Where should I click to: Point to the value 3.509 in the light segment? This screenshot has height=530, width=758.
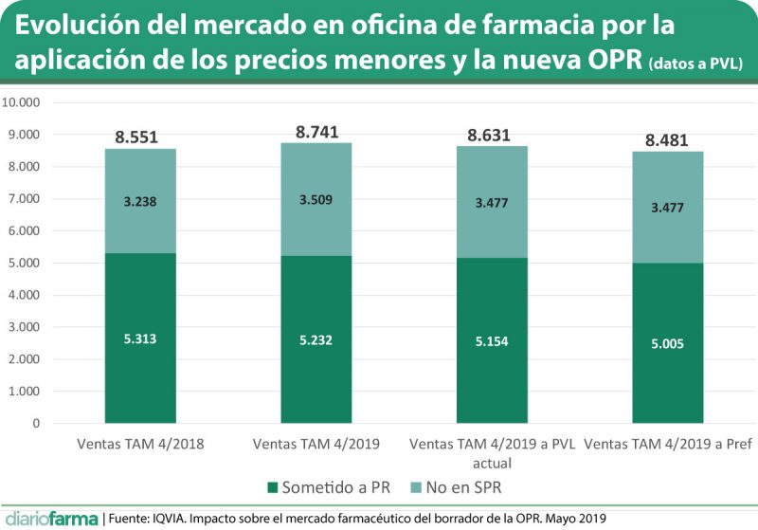pos(316,199)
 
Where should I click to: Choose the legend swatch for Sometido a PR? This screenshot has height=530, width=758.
pos(274,488)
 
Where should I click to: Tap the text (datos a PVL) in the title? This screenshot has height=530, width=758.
pos(696,64)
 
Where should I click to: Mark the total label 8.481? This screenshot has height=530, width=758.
pos(668,141)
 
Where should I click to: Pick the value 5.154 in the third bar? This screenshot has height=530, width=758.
pos(493,339)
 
